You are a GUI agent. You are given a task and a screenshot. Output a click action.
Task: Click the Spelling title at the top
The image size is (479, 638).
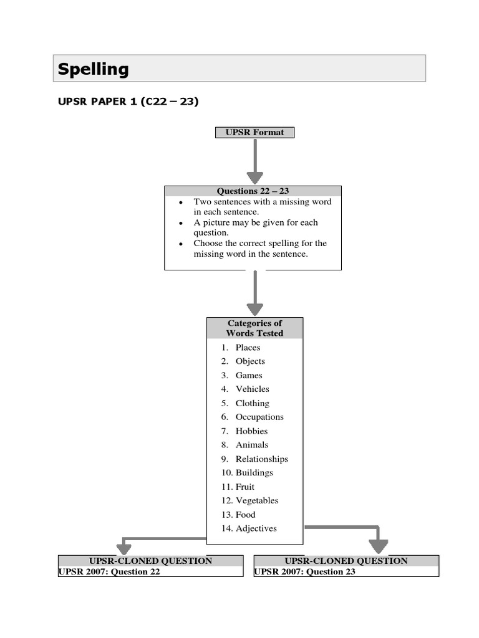[x=94, y=69]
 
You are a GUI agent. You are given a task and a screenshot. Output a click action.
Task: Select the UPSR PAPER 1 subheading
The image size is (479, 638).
[x=128, y=102]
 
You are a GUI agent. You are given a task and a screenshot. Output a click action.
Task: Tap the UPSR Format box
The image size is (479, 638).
[x=254, y=132]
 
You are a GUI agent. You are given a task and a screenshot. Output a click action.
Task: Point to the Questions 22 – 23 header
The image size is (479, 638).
[x=253, y=191]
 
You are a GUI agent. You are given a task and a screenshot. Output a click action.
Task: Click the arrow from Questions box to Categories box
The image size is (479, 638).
[x=254, y=293]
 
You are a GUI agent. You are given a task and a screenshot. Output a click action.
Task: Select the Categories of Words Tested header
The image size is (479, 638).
[x=254, y=328]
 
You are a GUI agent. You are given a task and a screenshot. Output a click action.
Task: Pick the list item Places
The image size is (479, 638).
[x=248, y=348]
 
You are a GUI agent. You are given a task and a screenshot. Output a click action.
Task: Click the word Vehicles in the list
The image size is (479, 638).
[x=252, y=389]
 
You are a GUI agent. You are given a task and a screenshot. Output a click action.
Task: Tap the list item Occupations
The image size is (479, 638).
[x=259, y=417]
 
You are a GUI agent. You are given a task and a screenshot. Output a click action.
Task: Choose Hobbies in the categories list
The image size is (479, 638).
[x=251, y=431]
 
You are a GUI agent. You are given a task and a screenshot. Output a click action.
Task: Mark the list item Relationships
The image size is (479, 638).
[x=261, y=459]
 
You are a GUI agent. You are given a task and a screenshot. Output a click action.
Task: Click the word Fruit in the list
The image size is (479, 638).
[x=244, y=487]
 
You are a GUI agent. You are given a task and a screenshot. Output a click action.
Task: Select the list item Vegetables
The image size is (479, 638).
[x=256, y=501]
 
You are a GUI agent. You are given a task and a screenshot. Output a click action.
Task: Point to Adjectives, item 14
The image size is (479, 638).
[x=256, y=528]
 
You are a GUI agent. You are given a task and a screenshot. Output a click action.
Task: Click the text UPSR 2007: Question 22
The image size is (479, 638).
[x=109, y=571]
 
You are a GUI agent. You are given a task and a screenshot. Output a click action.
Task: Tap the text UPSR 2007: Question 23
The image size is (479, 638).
[x=305, y=571]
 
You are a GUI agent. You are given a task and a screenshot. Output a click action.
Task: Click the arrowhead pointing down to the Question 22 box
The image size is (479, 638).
[x=124, y=548]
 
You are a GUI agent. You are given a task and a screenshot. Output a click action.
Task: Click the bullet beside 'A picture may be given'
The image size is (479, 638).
[x=180, y=223]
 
